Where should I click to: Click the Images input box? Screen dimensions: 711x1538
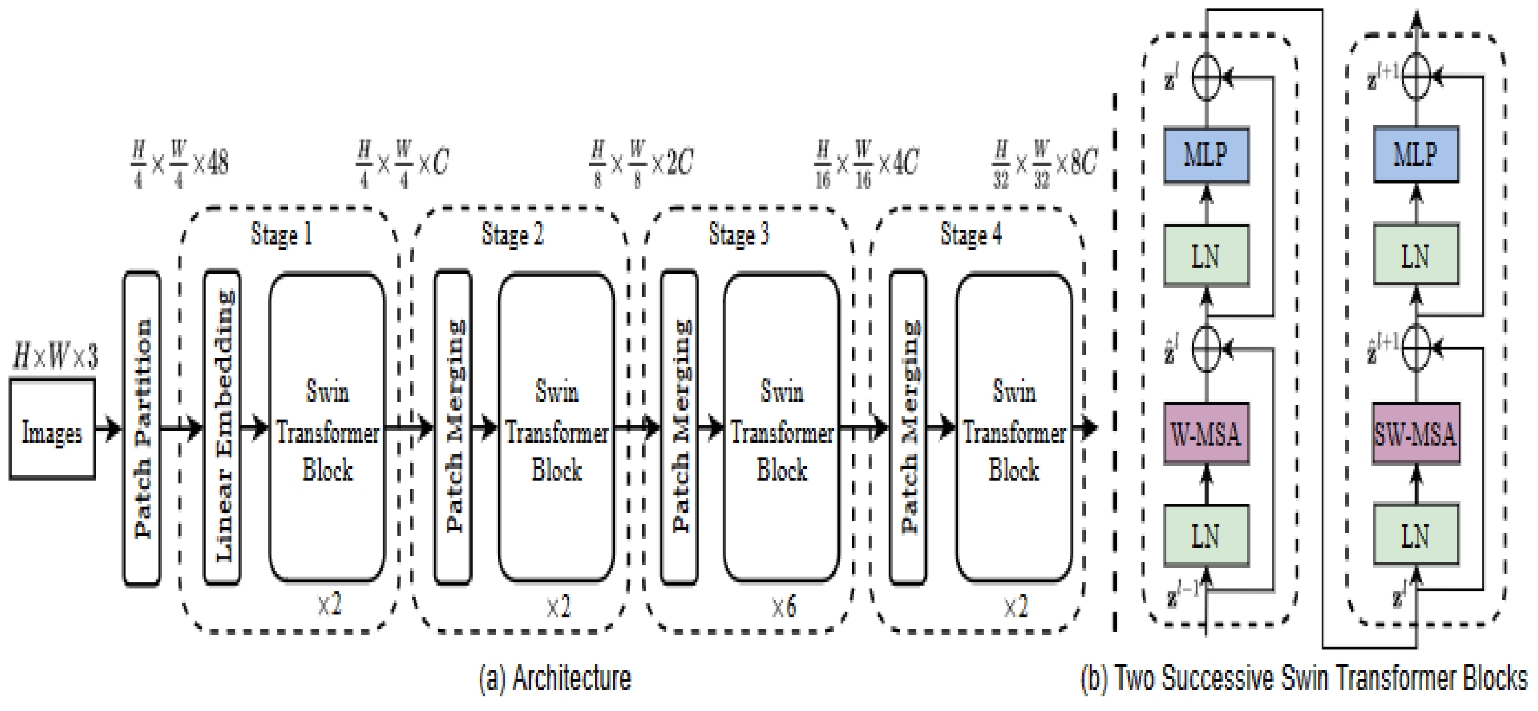pyautogui.click(x=52, y=429)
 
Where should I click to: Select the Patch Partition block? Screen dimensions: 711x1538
pyautogui.click(x=142, y=428)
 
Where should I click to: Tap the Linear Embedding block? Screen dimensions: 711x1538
pyautogui.click(x=222, y=427)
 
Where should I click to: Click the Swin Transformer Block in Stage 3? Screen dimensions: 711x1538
pyautogui.click(x=781, y=427)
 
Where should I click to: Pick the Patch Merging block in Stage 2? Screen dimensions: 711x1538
pyautogui.click(x=453, y=427)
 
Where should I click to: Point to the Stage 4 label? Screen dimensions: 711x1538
pyautogui.click(x=971, y=234)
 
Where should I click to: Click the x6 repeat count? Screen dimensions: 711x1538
pyautogui.click(x=783, y=607)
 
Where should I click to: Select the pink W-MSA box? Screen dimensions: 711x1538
pyautogui.click(x=1206, y=433)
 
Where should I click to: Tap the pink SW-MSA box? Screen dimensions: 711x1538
pyautogui.click(x=1415, y=433)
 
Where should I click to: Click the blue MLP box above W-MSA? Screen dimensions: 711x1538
pyautogui.click(x=1206, y=155)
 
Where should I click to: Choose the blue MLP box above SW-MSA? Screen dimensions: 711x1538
pyautogui.click(x=1415, y=155)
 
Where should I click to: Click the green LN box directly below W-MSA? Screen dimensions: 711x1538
pyautogui.click(x=1206, y=535)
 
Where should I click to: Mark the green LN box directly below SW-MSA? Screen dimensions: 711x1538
pyautogui.click(x=1415, y=535)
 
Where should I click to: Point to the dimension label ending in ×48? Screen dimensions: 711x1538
pyautogui.click(x=179, y=163)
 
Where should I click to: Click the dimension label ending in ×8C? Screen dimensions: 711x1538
pyautogui.click(x=1044, y=163)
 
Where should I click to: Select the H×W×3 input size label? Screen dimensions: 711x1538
pyautogui.click(x=55, y=356)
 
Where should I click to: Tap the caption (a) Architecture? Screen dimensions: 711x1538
pyautogui.click(x=555, y=678)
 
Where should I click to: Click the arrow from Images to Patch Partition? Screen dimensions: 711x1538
pyautogui.click(x=109, y=428)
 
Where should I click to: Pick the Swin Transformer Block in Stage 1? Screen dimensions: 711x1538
pyautogui.click(x=327, y=427)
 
